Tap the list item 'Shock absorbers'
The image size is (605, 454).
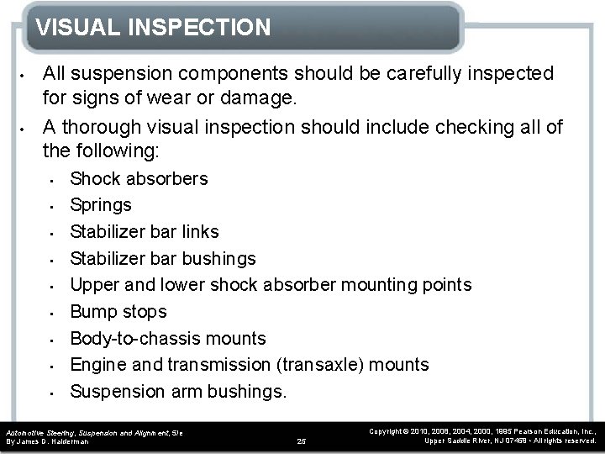(139, 178)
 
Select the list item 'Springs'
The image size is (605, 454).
(101, 204)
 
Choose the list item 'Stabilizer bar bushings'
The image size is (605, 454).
(163, 258)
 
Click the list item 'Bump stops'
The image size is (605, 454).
(118, 311)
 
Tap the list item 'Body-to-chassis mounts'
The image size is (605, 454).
(168, 338)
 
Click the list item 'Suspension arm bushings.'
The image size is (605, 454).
(178, 391)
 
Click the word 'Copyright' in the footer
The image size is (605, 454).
(389, 430)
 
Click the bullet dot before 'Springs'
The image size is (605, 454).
(52, 205)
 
